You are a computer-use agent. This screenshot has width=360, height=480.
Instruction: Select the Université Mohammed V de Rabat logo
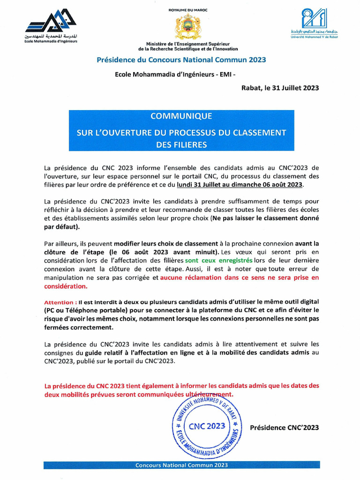(x=314, y=22)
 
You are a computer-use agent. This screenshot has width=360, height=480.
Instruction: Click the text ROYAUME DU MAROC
(x=187, y=10)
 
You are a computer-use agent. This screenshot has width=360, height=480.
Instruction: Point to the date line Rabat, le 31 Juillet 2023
(x=280, y=88)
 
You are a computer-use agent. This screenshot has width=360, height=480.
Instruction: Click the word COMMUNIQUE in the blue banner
(x=181, y=116)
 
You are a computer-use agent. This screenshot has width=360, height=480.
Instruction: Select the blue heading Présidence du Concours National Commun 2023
(x=181, y=60)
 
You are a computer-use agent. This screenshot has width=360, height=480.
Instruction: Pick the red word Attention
(x=60, y=303)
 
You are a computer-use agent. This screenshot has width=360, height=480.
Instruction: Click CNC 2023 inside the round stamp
(x=207, y=426)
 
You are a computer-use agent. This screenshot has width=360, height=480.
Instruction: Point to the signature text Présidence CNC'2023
(x=284, y=427)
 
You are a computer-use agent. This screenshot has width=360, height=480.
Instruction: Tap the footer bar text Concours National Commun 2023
(x=181, y=465)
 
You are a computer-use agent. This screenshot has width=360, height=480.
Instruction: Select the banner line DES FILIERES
(x=181, y=145)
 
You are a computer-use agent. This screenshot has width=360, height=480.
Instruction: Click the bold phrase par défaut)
(x=62, y=227)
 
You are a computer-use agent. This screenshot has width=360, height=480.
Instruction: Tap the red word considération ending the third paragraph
(x=65, y=286)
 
